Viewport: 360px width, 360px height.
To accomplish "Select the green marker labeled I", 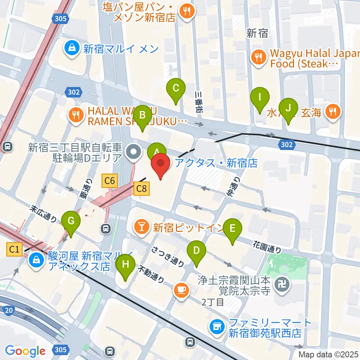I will pyautogui.click(x=259, y=98).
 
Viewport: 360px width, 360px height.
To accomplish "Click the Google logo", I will pyautogui.click(x=25, y=351).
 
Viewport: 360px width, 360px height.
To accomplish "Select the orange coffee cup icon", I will pyautogui.click(x=181, y=290).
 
